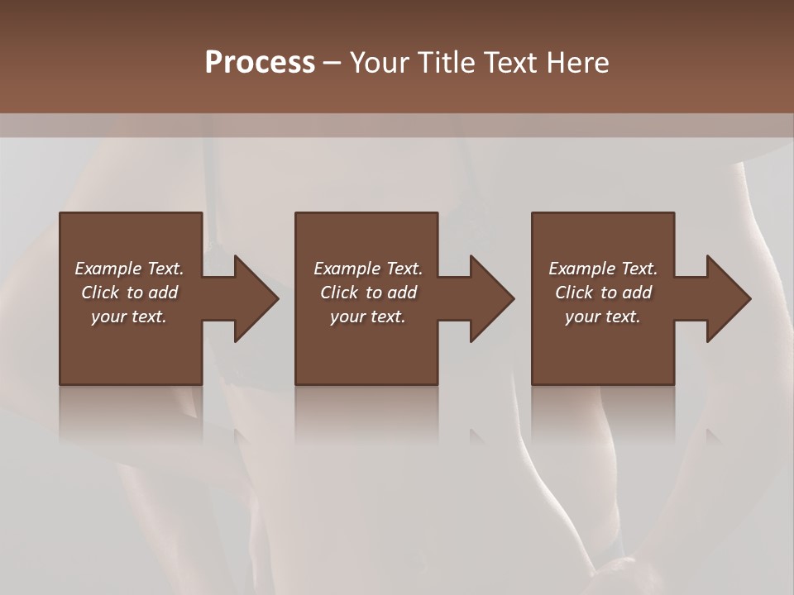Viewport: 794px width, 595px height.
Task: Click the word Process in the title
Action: coord(260,63)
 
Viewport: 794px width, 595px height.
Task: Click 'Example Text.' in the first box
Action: coord(129,269)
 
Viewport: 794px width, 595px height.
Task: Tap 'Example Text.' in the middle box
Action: coord(368,269)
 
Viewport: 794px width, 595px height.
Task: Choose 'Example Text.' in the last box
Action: coord(603,269)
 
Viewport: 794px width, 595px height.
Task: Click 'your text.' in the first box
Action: coord(129,317)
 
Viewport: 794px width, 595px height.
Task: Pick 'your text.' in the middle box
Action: coord(368,317)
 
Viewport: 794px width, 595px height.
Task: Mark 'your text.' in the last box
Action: coord(603,317)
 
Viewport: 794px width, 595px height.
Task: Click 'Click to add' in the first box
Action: coord(129,293)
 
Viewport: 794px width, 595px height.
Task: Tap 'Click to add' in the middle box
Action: coord(368,293)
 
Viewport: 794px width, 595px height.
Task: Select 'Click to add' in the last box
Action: coord(603,293)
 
